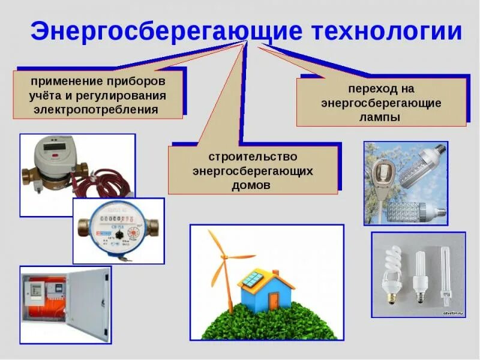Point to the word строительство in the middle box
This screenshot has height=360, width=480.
pyautogui.click(x=253, y=157)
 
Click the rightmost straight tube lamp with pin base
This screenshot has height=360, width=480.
pyautogui.click(x=445, y=273)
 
